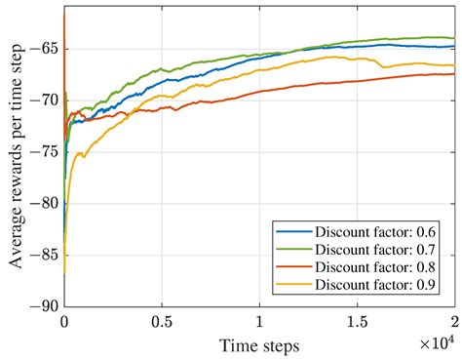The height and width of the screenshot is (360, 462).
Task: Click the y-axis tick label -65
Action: (44, 49)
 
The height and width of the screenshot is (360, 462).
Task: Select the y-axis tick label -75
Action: (44, 151)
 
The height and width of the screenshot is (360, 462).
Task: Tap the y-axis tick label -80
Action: (44, 203)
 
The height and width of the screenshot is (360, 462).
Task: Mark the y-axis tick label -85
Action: (44, 254)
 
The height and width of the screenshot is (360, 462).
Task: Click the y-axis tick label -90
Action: (44, 305)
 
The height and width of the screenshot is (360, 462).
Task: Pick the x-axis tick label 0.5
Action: (162, 320)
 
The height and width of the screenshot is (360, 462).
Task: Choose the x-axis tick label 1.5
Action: (357, 320)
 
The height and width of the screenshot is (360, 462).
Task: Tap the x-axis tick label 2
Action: (454, 320)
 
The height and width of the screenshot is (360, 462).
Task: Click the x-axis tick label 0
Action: (64, 320)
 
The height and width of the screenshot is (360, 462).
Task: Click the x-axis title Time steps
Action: (259, 344)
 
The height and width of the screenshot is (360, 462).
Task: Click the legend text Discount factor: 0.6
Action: (376, 232)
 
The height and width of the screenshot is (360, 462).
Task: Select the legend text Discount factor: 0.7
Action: (376, 250)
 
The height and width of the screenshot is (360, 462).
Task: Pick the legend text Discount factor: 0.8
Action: (376, 267)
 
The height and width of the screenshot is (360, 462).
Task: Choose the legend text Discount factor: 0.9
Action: (376, 285)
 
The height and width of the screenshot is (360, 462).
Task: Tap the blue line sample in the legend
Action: (293, 232)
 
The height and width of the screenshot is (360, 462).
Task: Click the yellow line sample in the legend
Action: (293, 285)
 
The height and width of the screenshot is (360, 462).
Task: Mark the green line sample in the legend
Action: (293, 250)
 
